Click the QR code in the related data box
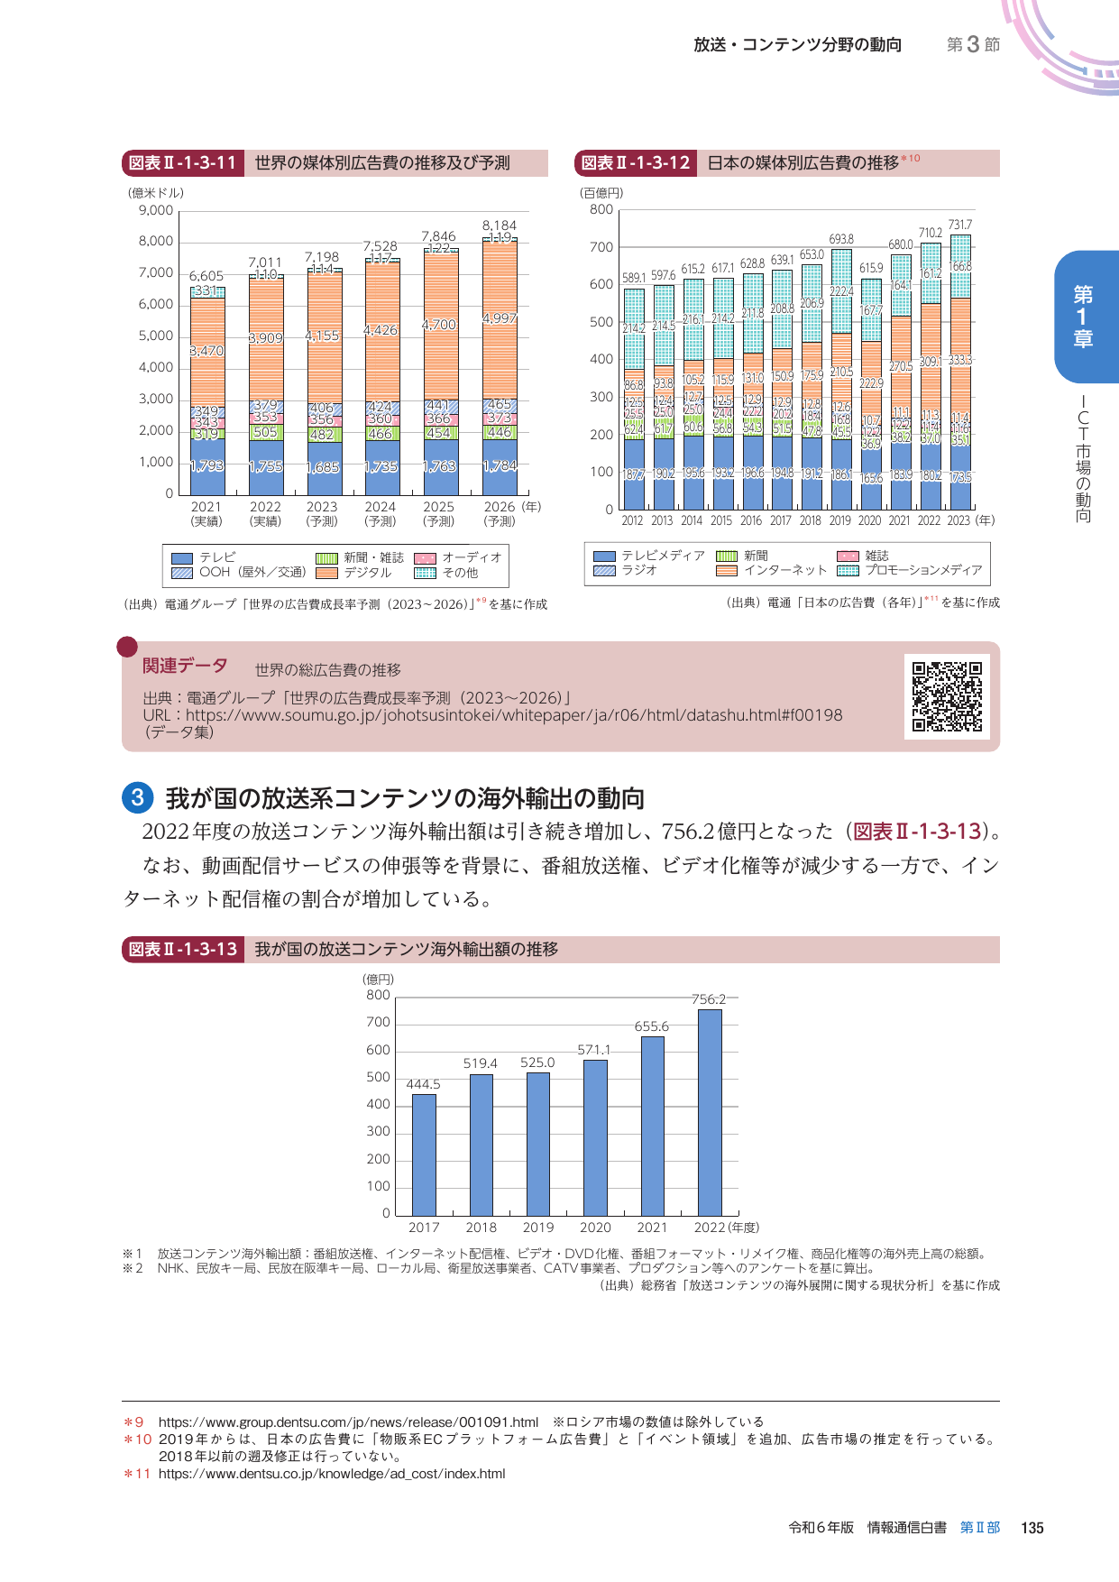click(947, 695)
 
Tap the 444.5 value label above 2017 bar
click(423, 1084)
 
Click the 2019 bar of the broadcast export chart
click(538, 1143)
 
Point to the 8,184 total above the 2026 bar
click(499, 225)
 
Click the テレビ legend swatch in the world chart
click(182, 558)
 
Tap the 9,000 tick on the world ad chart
click(156, 210)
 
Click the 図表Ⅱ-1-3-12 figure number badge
click(635, 163)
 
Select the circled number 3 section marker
click(137, 797)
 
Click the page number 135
click(1032, 1528)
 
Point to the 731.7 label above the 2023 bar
click(959, 225)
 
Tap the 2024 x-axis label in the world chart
click(381, 507)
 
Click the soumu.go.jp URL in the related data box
click(514, 715)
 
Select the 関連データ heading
click(185, 666)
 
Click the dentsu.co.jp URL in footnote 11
click(331, 1474)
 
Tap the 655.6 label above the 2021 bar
click(652, 1026)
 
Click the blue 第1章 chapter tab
click(1082, 316)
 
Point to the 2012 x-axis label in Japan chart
click(632, 520)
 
